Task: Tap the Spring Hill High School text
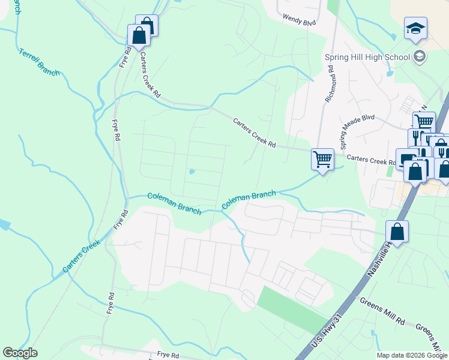click(367, 57)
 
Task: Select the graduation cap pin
click(415, 29)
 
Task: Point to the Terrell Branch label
click(40, 62)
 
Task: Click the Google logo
click(20, 353)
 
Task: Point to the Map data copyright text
click(412, 355)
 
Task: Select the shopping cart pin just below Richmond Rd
click(322, 160)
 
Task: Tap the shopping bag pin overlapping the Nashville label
click(397, 232)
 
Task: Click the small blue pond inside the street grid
click(191, 172)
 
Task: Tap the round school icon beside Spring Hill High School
click(420, 57)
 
